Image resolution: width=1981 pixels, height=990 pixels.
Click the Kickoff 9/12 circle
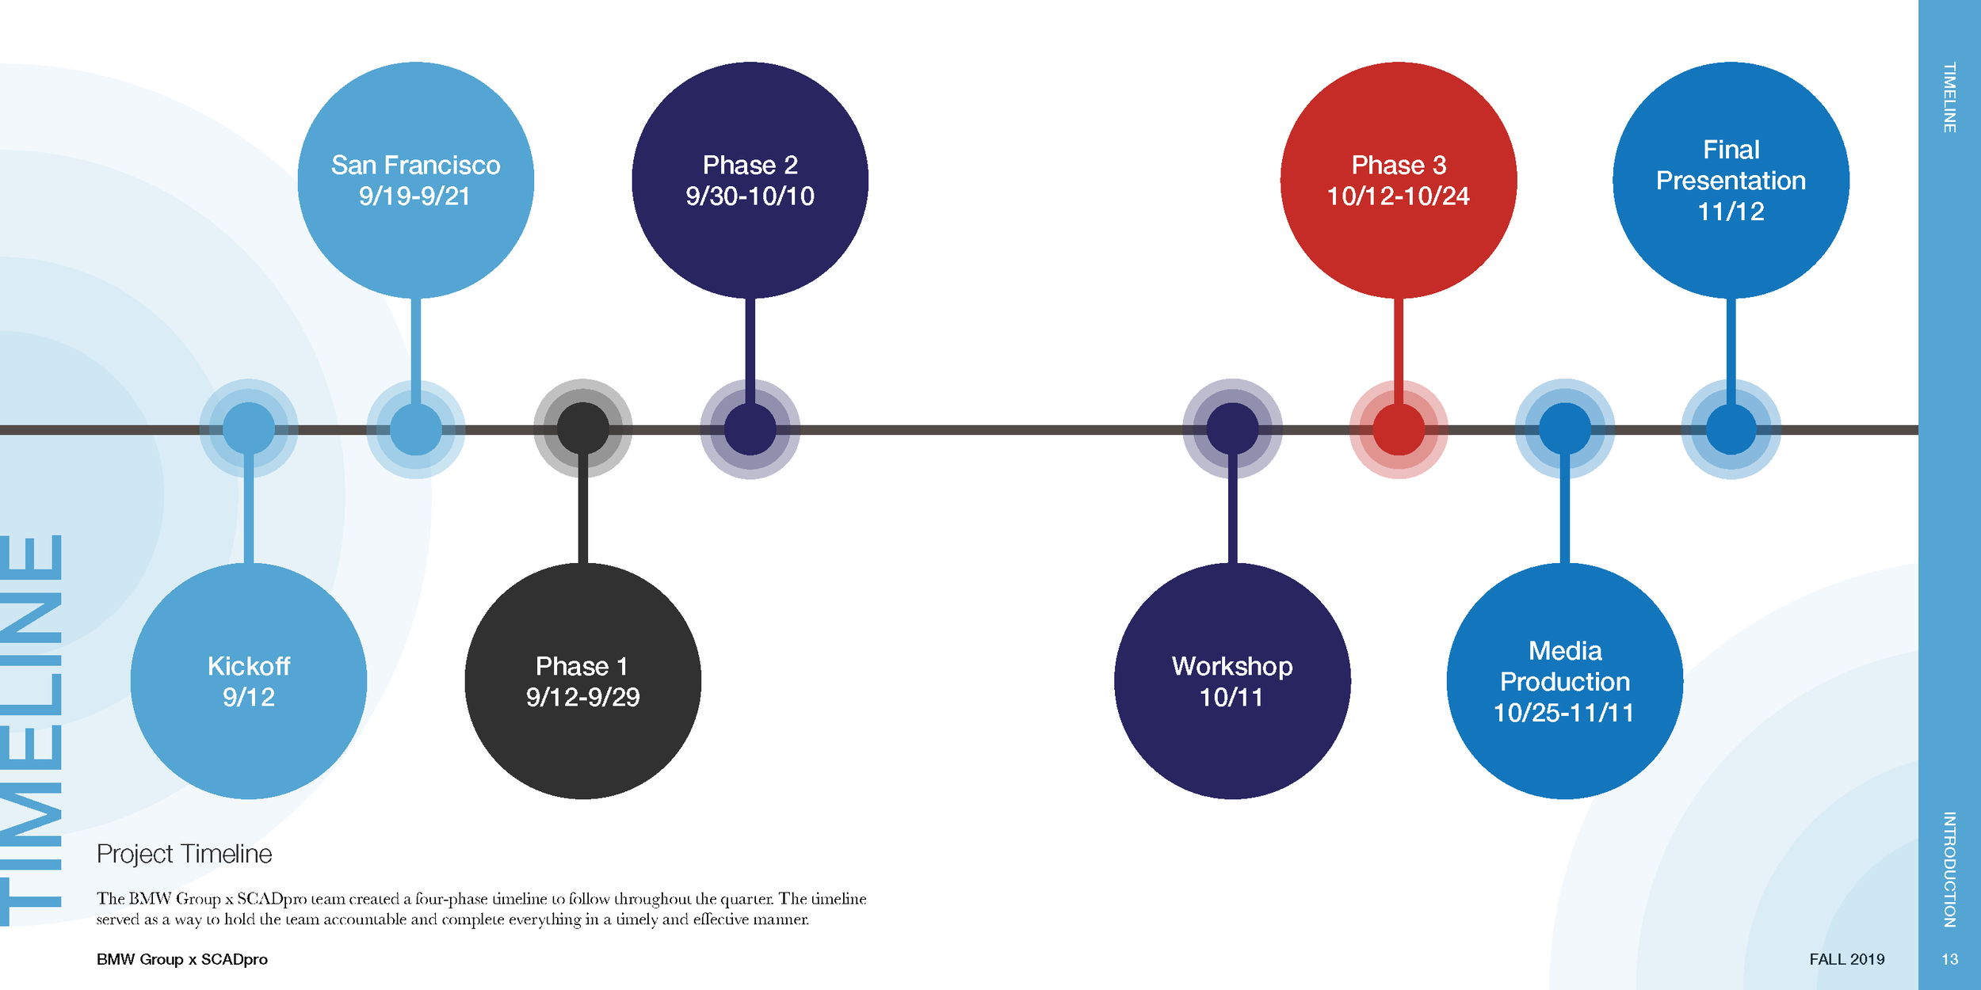point(249,681)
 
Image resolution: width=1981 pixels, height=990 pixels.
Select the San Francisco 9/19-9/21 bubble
point(415,180)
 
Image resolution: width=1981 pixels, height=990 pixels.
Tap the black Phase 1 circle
point(582,681)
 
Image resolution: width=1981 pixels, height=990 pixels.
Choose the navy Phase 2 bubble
point(750,180)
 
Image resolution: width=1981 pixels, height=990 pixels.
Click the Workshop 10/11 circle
point(1232,681)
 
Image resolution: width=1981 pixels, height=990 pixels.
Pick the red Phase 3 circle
point(1399,180)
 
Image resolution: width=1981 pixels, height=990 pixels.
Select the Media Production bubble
point(1565,681)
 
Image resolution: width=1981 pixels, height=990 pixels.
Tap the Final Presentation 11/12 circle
point(1731,180)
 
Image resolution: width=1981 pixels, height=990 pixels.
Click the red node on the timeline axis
point(1399,429)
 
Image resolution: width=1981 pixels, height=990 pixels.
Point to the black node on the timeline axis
point(582,428)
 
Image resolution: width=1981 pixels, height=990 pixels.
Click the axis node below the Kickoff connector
point(249,428)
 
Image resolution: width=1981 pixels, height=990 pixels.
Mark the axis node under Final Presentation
point(1731,429)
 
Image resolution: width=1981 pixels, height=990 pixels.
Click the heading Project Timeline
point(184,854)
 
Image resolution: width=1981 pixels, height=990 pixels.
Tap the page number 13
point(1949,959)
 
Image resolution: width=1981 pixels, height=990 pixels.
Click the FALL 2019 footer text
point(1846,959)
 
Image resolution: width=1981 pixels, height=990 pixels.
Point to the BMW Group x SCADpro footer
point(182,959)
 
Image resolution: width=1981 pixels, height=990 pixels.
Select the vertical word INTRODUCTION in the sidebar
point(1949,869)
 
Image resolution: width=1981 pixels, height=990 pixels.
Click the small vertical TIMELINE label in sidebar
point(1949,97)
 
